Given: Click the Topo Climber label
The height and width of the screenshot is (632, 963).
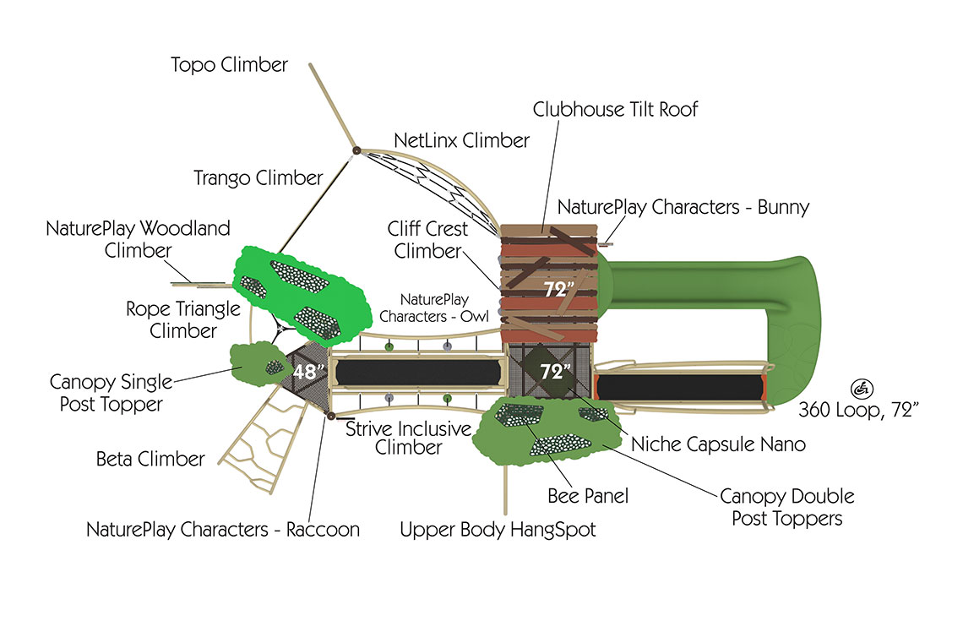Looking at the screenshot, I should [229, 64].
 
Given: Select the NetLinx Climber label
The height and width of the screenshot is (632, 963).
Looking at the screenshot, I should [462, 139].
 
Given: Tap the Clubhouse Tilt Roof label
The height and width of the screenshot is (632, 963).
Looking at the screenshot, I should [615, 109].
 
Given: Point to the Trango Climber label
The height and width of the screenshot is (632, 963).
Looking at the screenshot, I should [258, 177].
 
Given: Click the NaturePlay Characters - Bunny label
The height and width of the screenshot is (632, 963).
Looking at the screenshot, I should [683, 206].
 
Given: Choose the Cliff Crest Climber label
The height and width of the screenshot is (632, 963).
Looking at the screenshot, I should [427, 239].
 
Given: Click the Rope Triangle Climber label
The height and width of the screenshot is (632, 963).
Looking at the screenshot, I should [182, 319].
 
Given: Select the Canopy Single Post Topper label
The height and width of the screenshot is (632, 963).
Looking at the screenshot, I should [111, 393].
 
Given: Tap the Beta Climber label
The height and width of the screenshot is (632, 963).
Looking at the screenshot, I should [150, 459].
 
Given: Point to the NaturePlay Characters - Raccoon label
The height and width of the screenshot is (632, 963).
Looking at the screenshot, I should [223, 530].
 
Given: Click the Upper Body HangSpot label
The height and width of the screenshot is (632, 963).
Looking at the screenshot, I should [498, 530].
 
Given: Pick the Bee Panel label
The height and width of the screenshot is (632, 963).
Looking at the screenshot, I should [588, 495].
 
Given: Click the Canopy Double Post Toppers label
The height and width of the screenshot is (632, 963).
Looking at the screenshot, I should [786, 506].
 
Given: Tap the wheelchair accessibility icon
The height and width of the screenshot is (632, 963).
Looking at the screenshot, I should [862, 390].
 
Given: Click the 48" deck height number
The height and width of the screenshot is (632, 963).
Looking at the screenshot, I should [308, 371].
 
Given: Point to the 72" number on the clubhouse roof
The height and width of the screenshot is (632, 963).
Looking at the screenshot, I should [558, 289].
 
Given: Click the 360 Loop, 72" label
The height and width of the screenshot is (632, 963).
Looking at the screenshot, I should [858, 410].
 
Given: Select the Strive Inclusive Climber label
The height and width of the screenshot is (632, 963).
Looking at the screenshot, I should [408, 438].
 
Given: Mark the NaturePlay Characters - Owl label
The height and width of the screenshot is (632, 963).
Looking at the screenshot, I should [434, 308].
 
